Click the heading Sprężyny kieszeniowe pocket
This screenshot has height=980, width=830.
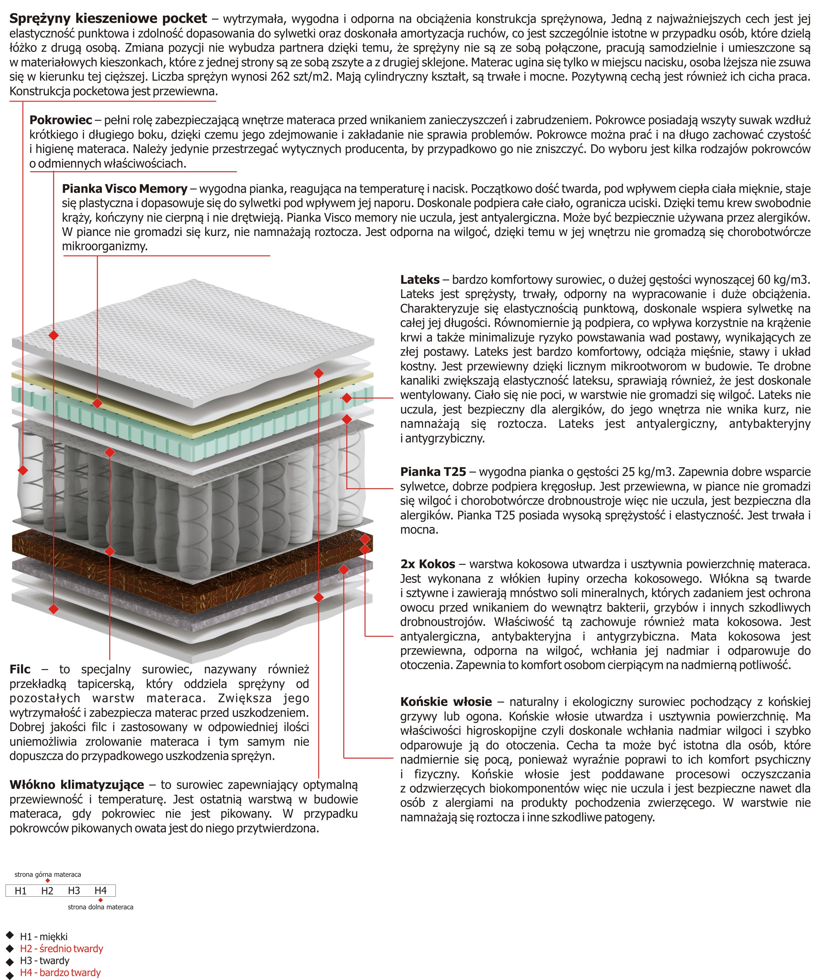click(x=108, y=19)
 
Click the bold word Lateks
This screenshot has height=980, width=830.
click(x=420, y=280)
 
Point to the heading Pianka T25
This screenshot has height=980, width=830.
click(x=433, y=472)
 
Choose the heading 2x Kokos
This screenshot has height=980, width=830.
click(x=427, y=564)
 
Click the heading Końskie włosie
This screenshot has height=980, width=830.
click(x=446, y=702)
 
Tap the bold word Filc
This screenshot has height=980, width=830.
click(x=20, y=669)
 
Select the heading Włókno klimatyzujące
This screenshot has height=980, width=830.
click(x=77, y=785)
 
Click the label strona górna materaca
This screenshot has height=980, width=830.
click(x=47, y=875)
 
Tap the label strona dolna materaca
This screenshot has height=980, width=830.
click(x=100, y=907)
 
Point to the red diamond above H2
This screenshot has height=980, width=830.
click(x=47, y=881)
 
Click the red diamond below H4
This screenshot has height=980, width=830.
click(x=100, y=900)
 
